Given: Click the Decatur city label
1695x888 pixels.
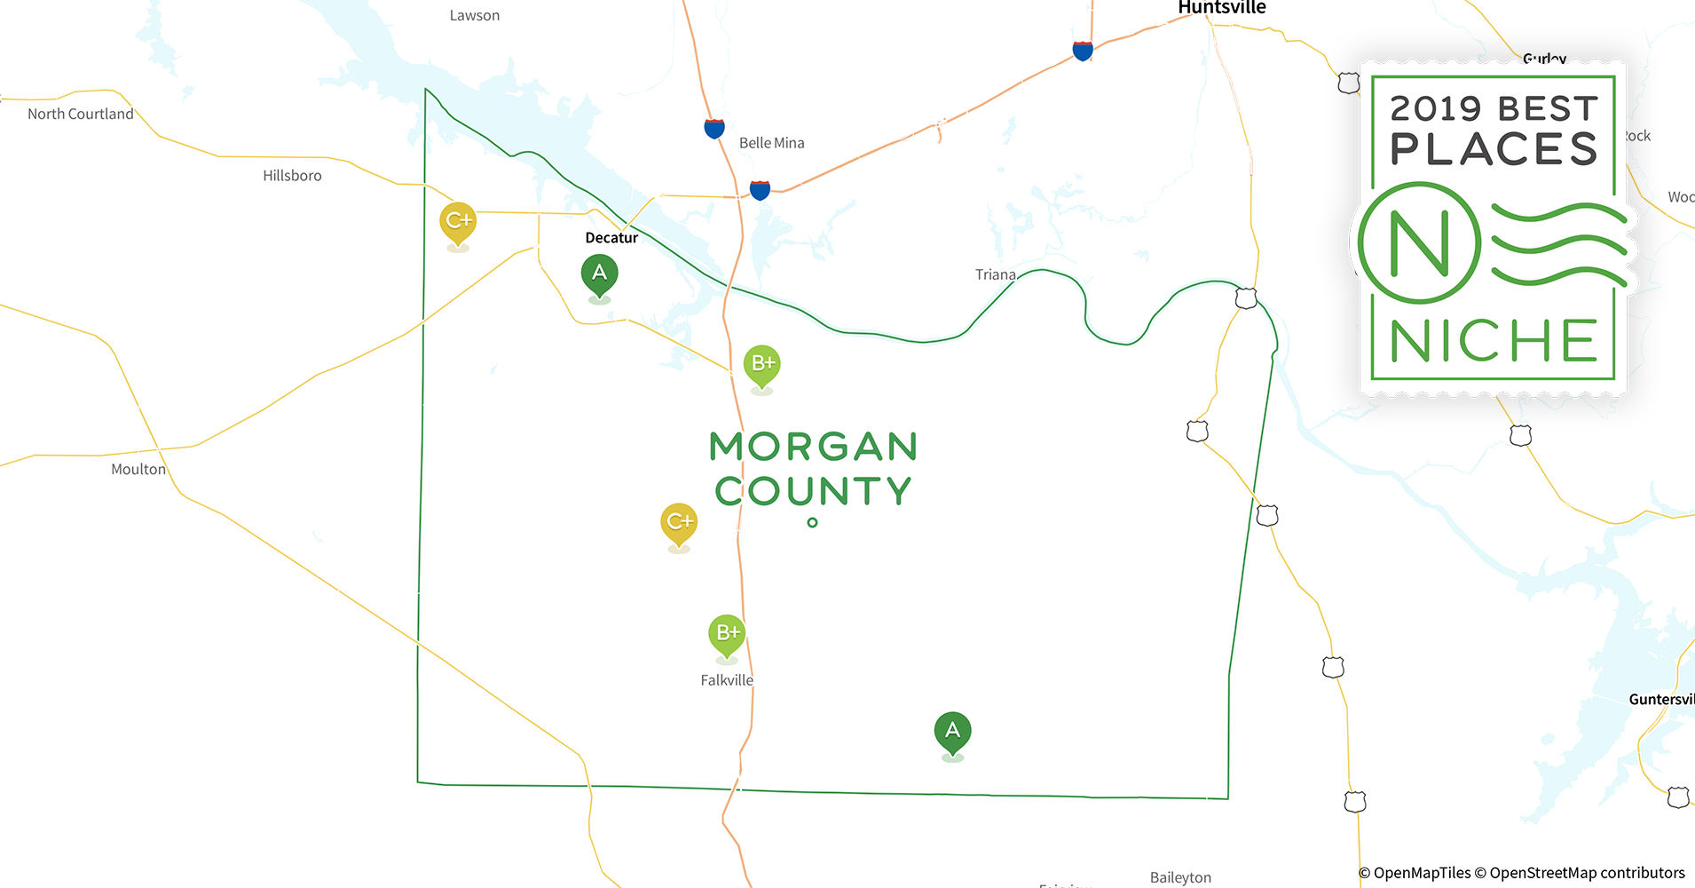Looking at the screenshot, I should point(611,238).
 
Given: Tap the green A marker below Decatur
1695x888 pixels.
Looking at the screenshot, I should point(600,274).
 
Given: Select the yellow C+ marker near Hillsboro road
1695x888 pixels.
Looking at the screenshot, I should point(458,221).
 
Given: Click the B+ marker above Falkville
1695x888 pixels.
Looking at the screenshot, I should point(727,633).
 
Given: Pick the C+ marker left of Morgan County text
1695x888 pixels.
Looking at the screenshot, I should point(679,522).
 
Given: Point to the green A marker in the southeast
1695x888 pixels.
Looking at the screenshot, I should point(952,731).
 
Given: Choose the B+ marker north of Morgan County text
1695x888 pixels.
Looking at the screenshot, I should point(762,363).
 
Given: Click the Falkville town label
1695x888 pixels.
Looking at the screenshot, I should point(727,680).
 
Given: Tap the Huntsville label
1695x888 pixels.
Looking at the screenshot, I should point(1221,8).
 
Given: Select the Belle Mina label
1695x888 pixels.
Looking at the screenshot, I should point(771,143).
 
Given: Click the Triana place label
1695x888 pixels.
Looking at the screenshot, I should point(995,275).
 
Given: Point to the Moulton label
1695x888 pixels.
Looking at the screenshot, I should point(138,470).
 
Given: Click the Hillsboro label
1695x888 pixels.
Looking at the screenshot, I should point(292,176).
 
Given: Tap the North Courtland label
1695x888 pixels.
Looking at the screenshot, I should point(81,115).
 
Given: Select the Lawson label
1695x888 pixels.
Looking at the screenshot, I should point(475,16).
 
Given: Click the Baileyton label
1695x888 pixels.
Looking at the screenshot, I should point(1180,877).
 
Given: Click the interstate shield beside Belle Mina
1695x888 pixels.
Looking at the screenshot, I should point(714,129).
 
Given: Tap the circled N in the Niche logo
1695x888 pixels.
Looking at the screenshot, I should point(1419,243).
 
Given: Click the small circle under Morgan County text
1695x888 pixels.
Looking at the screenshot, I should point(812,523).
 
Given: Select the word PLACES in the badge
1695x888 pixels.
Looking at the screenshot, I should point(1494,149).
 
